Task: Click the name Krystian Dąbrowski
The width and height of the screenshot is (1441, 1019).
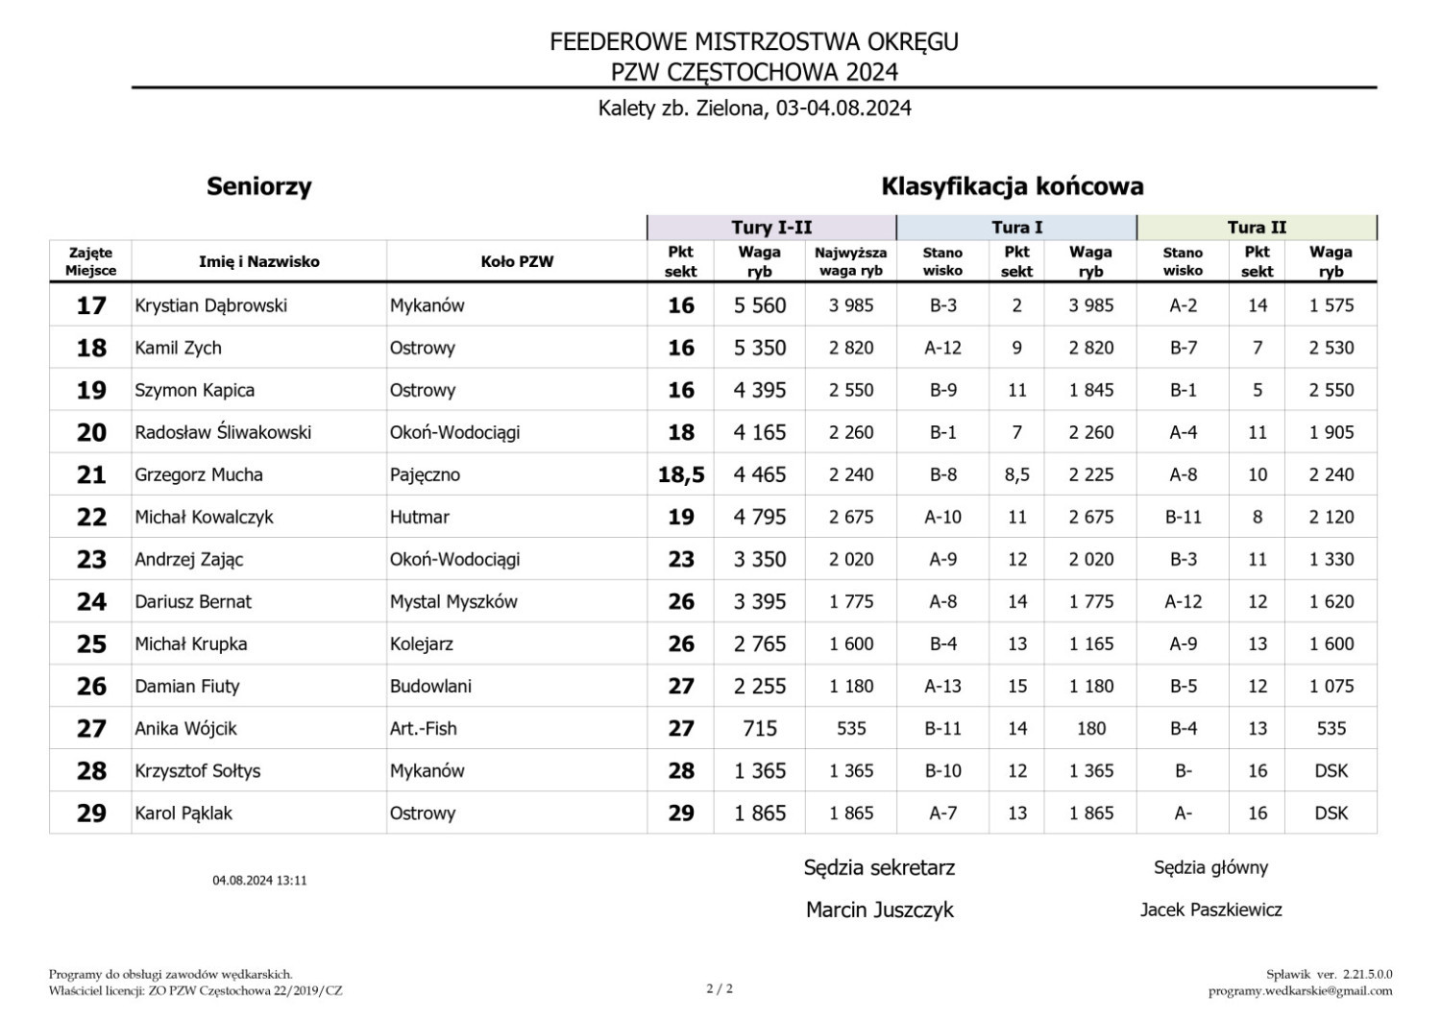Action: [210, 305]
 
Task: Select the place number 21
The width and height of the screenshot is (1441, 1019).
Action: [91, 474]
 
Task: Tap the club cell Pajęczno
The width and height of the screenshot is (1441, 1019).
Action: [425, 474]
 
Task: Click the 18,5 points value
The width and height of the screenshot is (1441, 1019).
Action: [681, 474]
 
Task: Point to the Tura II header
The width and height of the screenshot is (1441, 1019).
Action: [1257, 228]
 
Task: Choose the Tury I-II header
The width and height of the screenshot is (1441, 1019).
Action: [771, 228]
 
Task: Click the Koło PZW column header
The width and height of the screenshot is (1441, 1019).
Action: [517, 261]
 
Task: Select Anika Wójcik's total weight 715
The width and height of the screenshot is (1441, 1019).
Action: [760, 728]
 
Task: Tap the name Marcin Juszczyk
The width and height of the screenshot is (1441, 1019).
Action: [880, 910]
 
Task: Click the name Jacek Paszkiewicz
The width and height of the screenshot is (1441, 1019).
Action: [1210, 910]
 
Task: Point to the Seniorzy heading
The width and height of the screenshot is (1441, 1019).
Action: [259, 186]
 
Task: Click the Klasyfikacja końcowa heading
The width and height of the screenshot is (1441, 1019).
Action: [1013, 186]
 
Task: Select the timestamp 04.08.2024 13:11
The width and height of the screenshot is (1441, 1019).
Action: [259, 880]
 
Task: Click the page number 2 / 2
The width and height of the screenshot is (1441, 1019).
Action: [720, 988]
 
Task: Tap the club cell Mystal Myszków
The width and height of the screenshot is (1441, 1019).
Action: [453, 601]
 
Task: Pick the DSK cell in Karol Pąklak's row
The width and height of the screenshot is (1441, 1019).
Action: [1331, 813]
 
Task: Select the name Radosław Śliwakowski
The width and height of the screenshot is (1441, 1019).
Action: [223, 432]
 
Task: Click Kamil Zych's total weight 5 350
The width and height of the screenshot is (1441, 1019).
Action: [760, 348]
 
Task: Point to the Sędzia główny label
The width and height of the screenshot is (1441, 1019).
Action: [1210, 867]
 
